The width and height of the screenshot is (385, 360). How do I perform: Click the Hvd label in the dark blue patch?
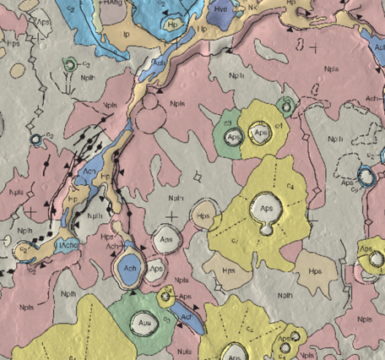[221, 8]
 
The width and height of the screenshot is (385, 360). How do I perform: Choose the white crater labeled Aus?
[142, 322]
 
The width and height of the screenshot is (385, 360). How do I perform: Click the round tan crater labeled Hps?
[203, 215]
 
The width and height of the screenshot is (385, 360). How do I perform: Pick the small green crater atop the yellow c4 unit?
[285, 106]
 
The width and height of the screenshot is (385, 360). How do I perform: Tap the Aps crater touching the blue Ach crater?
[155, 270]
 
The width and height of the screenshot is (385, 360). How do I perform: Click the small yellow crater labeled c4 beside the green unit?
[167, 297]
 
